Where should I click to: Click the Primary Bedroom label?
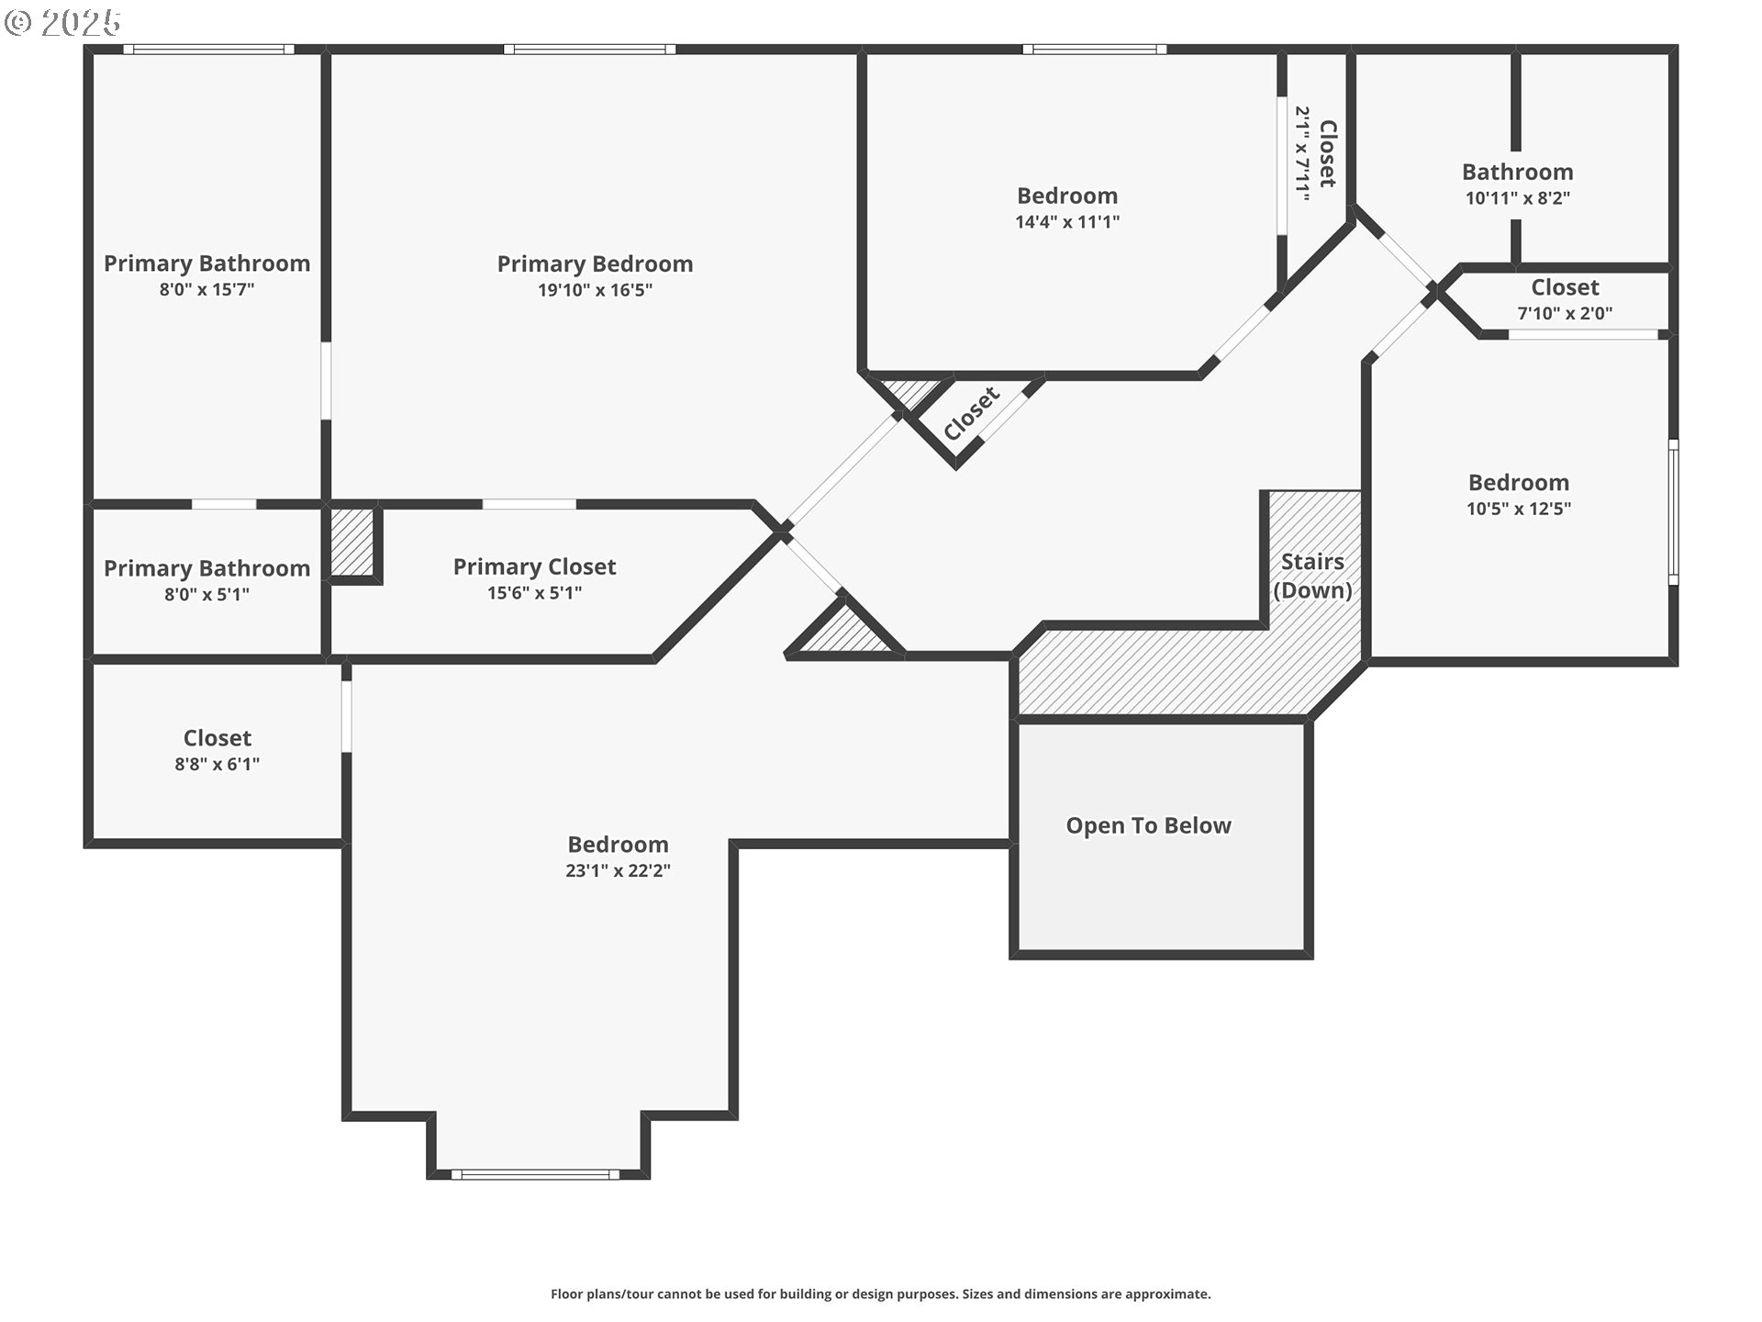click(595, 264)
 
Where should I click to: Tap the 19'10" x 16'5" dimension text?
click(595, 290)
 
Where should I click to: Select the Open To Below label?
click(1148, 826)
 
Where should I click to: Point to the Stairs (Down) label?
click(1312, 576)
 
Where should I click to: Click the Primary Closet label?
click(534, 567)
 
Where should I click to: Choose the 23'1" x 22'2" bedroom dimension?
click(618, 870)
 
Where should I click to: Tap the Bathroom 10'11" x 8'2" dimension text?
click(1517, 198)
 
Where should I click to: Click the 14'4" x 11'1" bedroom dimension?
click(1067, 222)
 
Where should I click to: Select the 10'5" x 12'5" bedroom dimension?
click(1519, 509)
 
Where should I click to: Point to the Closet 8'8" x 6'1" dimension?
click(217, 764)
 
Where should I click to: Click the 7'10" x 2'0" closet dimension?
click(1565, 314)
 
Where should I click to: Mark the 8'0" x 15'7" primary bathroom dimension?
click(206, 290)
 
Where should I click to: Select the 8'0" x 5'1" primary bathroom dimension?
click(206, 595)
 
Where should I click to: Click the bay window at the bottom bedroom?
click(536, 1174)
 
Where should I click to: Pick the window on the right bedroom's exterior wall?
click(1673, 511)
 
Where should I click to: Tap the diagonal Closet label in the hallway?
click(971, 414)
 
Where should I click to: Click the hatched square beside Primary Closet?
click(351, 542)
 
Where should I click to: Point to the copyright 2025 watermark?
click(62, 22)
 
